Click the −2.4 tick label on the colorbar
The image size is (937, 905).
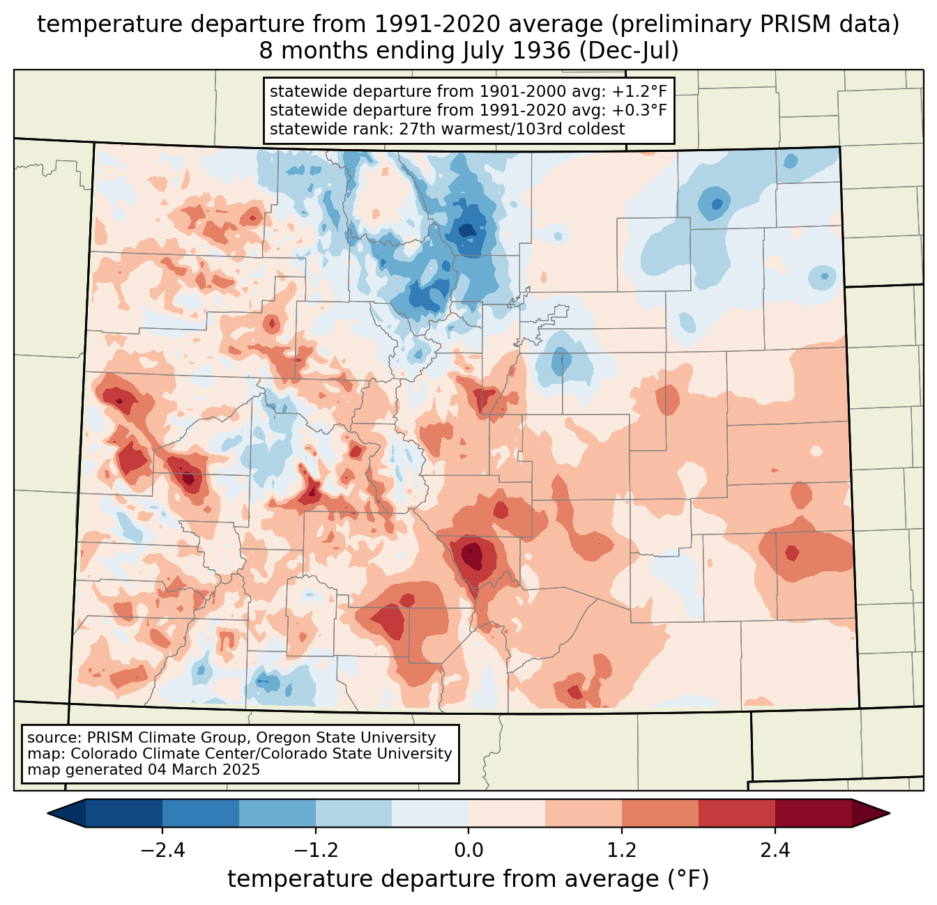(x=162, y=851)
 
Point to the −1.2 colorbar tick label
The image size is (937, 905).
(x=315, y=851)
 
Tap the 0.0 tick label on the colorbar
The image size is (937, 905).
(x=468, y=851)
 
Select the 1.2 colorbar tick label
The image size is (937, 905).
(x=622, y=851)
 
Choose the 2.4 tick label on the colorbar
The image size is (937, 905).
(x=775, y=851)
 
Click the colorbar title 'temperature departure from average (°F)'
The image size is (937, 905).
(x=468, y=879)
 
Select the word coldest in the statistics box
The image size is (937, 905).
(x=599, y=129)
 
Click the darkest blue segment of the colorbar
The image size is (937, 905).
(x=124, y=813)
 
